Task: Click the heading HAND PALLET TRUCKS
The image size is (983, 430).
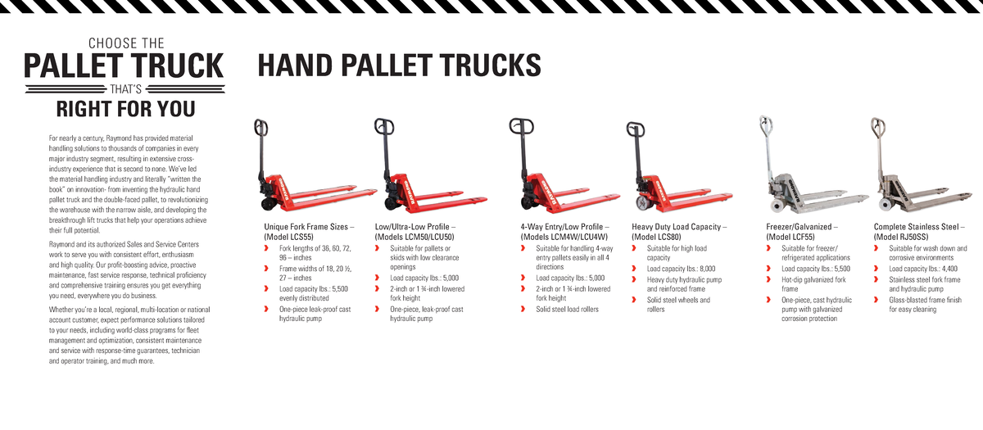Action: [399, 65]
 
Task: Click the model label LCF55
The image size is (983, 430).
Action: [795, 237]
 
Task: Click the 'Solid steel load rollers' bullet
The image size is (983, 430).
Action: [567, 310]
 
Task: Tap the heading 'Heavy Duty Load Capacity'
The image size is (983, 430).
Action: [678, 227]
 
